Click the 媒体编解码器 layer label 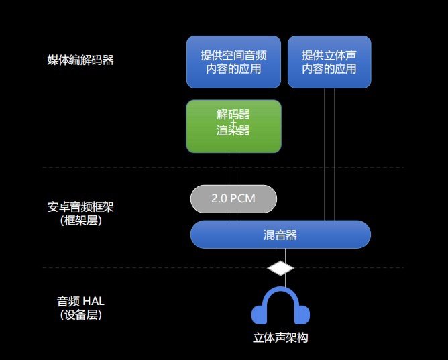point(80,60)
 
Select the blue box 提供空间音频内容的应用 point(233,62)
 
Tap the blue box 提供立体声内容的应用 point(329,62)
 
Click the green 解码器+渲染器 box point(233,125)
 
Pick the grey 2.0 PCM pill point(233,198)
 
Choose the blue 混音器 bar point(280,235)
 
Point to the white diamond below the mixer point(280,268)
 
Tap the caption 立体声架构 point(280,338)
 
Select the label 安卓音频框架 point(80,206)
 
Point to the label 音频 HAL point(80,301)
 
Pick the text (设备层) point(80,314)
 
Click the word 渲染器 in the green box point(233,131)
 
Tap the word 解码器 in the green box point(233,115)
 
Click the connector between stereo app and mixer point(329,154)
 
